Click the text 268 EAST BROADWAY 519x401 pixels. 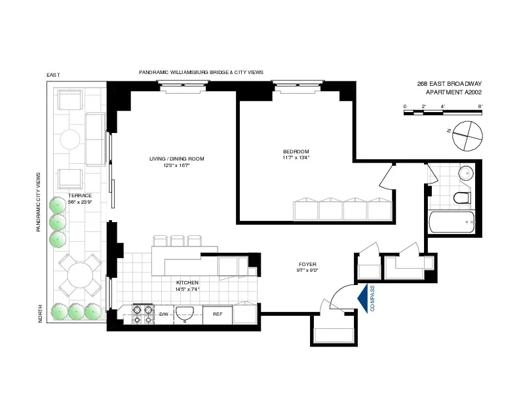point(449,83)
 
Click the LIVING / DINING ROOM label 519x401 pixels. point(175,159)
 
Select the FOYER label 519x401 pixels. point(308,265)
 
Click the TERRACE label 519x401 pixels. point(79,196)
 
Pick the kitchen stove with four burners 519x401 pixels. point(142,314)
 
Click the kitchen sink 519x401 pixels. point(187,314)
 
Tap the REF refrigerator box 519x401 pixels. point(218,315)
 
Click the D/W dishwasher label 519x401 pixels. point(164,315)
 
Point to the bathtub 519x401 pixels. point(453,222)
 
